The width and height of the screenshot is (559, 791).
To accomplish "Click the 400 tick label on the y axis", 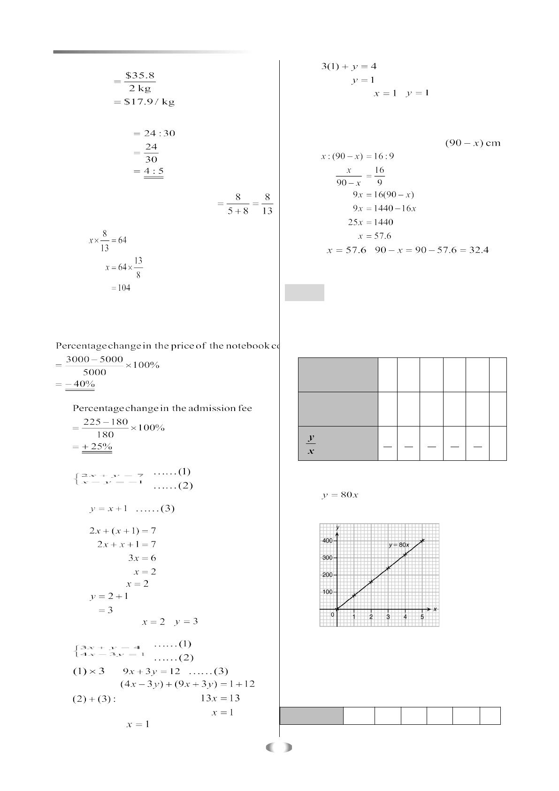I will click(327, 541).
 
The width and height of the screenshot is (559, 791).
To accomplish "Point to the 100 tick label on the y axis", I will click(327, 592).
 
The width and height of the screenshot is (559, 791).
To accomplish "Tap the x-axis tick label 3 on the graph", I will click(388, 617).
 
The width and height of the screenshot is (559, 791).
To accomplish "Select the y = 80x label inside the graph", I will click(399, 545).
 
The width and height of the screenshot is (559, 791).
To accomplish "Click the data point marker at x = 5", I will click(422, 541).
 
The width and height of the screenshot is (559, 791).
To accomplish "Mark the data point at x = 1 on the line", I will click(354, 596).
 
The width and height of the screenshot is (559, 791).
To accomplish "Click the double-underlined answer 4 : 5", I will click(153, 171).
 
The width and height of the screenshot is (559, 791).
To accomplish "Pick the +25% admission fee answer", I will click(97, 446).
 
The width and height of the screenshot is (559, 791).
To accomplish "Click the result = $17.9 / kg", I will click(144, 102).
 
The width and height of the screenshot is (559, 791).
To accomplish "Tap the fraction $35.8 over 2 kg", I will click(140, 82).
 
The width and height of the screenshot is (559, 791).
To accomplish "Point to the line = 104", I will click(121, 288).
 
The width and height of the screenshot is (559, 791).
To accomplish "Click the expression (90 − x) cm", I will click(472, 143).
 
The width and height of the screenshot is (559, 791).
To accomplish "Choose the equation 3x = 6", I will click(142, 558).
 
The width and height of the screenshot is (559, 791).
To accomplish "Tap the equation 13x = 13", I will click(220, 698).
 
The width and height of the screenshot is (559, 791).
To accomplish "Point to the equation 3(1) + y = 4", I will click(348, 66).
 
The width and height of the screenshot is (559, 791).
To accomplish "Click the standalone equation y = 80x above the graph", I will click(340, 495).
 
